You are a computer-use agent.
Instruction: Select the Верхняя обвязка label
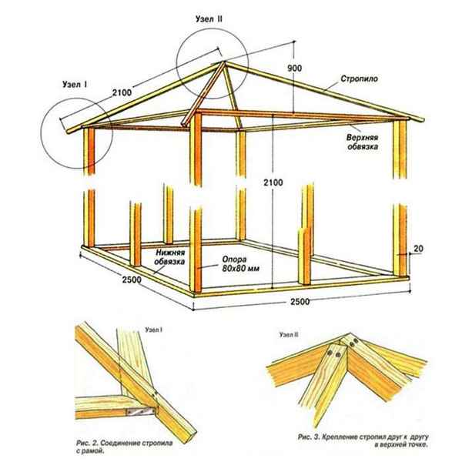click(361, 142)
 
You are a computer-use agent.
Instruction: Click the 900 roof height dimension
click(293, 68)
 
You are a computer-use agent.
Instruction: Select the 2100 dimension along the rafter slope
click(121, 92)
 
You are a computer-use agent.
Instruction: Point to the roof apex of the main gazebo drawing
click(223, 63)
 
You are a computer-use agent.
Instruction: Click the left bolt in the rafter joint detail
click(332, 352)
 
